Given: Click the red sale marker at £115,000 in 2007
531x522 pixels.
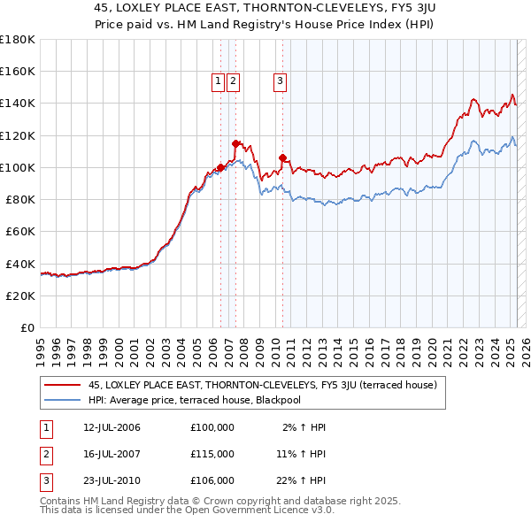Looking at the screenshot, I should click(235, 143).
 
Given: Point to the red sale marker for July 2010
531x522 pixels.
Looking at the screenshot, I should click(282, 157).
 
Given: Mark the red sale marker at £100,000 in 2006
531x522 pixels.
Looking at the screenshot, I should click(220, 167).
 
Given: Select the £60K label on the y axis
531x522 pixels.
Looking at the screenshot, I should click(19, 231).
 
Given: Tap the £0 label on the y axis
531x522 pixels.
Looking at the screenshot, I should click(27, 327).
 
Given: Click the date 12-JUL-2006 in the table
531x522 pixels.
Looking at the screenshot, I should click(112, 427).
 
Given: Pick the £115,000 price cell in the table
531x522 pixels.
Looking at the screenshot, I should click(212, 454).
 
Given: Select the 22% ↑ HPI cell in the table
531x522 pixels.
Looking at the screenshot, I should click(303, 480).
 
